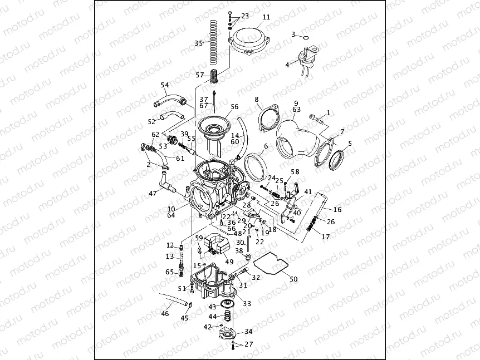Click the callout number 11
click(266, 17)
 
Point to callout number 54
click(165, 85)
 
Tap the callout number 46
click(165, 314)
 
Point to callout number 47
click(152, 194)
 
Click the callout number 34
click(248, 331)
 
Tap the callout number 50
click(294, 278)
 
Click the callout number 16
click(337, 210)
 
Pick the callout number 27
click(248, 344)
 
